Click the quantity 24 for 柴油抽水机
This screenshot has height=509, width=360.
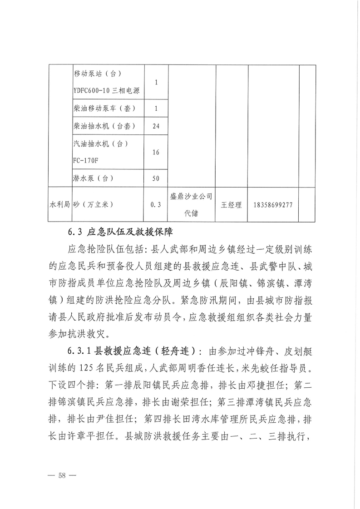156,126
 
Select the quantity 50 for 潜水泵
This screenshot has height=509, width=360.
156,178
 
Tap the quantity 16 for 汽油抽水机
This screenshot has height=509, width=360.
156,152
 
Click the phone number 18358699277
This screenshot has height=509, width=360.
271,205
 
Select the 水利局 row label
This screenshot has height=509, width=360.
60,205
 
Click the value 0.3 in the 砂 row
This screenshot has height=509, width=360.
156,205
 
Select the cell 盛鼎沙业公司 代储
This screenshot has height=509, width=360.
191,204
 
